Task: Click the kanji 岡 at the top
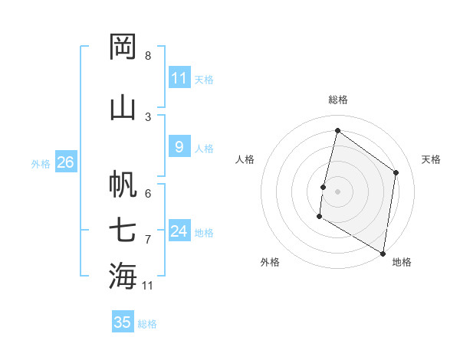coord(123,47)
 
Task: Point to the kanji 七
coord(123,231)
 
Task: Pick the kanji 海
coord(123,276)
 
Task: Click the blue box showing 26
coord(65,162)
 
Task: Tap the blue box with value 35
coord(123,322)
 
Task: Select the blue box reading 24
coord(179,231)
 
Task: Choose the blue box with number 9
coord(179,147)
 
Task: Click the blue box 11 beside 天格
coord(179,78)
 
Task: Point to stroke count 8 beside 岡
coord(147,56)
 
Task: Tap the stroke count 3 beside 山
coord(147,116)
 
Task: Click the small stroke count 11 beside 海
coord(148,286)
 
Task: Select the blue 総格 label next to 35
coord(147,324)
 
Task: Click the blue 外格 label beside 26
coord(41,164)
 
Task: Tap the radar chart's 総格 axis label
coord(338,100)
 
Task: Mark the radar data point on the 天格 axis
coord(396,172)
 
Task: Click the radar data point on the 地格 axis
coord(383,253)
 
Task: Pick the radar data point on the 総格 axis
coord(337,131)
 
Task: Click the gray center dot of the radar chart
coord(337,191)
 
